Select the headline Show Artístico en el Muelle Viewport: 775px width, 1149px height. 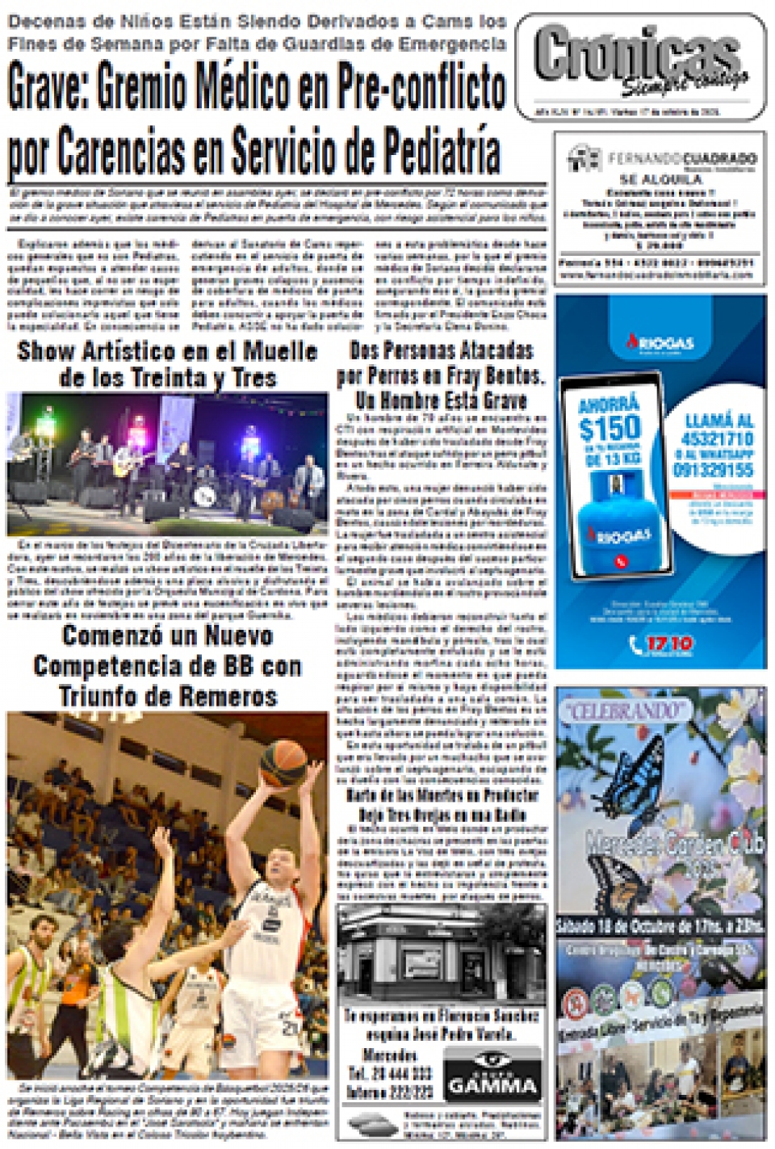point(167,351)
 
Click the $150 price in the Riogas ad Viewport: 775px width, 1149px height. point(610,428)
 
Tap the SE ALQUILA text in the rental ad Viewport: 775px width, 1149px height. point(660,178)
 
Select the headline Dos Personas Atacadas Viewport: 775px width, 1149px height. point(441,350)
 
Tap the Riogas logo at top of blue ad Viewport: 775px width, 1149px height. point(660,344)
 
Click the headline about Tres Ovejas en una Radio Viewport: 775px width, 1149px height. point(442,815)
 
